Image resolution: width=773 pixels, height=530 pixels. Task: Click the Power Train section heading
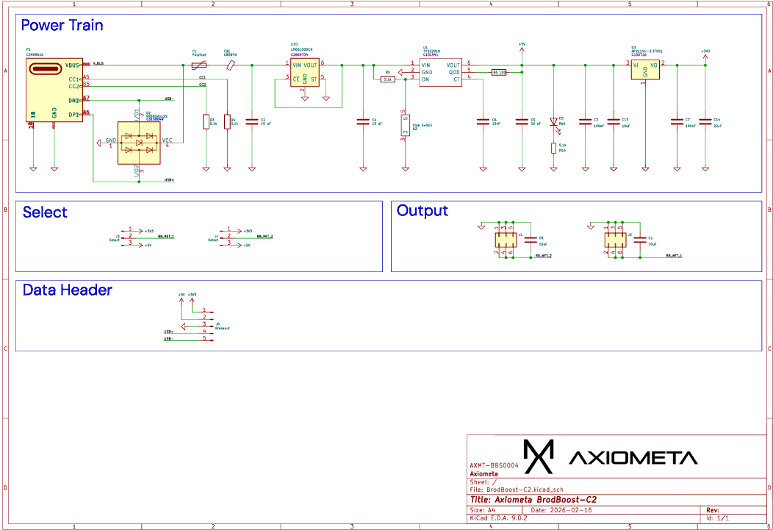(62, 26)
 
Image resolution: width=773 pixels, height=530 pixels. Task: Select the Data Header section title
(67, 290)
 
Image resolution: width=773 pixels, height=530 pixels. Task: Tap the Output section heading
(422, 211)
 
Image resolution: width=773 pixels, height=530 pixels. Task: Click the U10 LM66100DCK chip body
(304, 73)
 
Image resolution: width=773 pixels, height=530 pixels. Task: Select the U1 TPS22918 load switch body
(440, 72)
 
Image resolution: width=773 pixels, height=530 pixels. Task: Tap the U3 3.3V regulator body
(644, 69)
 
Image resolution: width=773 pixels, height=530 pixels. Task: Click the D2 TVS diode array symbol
(139, 143)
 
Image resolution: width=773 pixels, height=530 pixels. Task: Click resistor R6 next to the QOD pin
(499, 72)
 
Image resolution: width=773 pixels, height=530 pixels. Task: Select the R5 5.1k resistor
(388, 79)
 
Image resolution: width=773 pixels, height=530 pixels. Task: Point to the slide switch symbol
(404, 125)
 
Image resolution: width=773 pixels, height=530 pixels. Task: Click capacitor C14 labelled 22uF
(705, 122)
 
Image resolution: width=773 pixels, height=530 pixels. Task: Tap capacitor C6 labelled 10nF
(483, 122)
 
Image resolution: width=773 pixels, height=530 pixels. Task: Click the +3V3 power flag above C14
(705, 52)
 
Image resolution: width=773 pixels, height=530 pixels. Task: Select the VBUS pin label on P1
(72, 65)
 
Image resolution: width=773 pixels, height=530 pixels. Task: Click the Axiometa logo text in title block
(633, 458)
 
